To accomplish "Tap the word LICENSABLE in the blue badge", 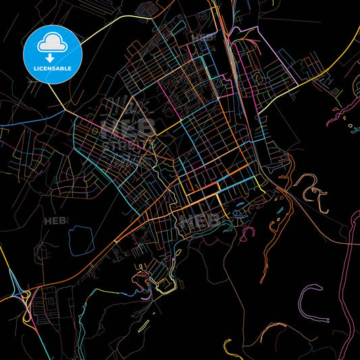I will coord(52,69).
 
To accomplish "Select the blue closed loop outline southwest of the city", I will coord(80,238).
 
